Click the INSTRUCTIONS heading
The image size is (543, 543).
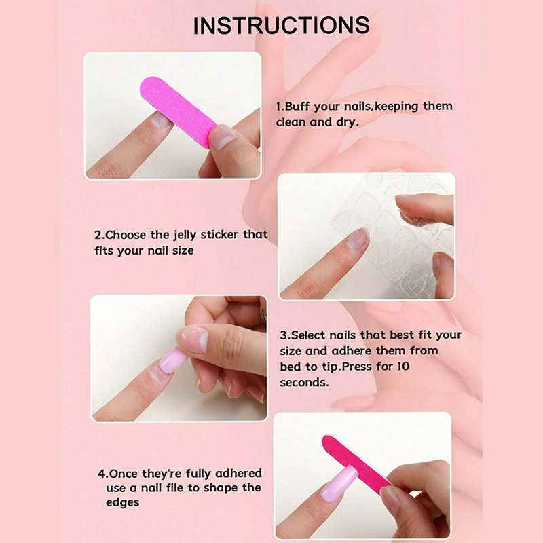click(x=281, y=25)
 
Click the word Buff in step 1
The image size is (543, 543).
click(x=297, y=107)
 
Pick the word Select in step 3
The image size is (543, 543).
click(x=307, y=335)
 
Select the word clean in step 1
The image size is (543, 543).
click(x=293, y=123)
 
